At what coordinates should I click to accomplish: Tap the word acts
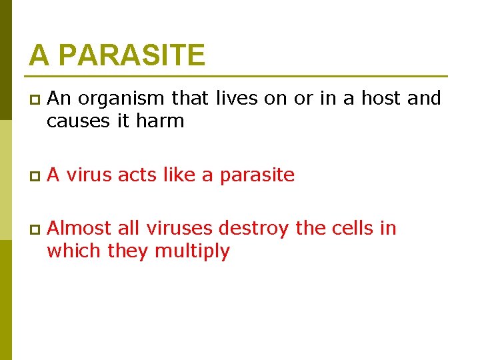[x=137, y=175]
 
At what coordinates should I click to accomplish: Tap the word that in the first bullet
[x=191, y=99]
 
